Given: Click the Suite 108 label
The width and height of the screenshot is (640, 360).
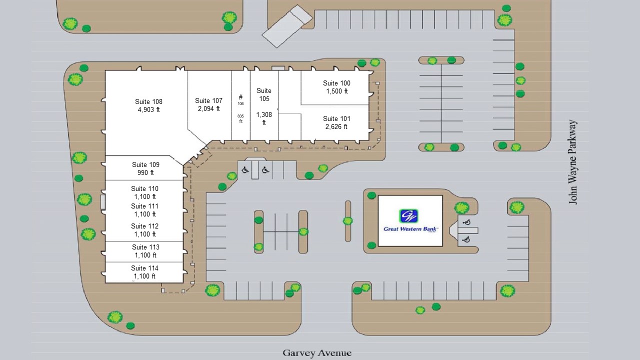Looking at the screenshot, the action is pyautogui.click(x=148, y=101).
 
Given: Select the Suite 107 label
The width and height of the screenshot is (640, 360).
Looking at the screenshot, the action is pyautogui.click(x=208, y=101).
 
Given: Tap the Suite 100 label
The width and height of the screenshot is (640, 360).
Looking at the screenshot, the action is pyautogui.click(x=336, y=83).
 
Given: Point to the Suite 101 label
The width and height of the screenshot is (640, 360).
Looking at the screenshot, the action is pyautogui.click(x=336, y=118).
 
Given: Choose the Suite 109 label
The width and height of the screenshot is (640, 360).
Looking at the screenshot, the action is pyautogui.click(x=145, y=164).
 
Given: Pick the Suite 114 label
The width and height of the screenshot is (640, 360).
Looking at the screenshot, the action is pyautogui.click(x=144, y=268).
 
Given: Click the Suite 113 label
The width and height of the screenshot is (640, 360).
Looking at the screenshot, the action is pyautogui.click(x=145, y=247).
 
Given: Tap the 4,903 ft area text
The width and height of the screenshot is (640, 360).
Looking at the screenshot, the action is pyautogui.click(x=149, y=109).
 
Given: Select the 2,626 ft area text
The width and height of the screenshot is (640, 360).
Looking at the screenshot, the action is pyautogui.click(x=336, y=126).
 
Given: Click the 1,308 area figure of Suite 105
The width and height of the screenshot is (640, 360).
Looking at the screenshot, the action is pyautogui.click(x=264, y=115).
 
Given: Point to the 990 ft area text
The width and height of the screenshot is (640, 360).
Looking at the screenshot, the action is pyautogui.click(x=145, y=172).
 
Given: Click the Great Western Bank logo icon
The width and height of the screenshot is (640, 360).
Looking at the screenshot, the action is pyautogui.click(x=408, y=215).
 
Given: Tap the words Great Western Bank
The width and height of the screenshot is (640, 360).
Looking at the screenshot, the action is pyautogui.click(x=410, y=229).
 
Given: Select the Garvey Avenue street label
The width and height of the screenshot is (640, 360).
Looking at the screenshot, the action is pyautogui.click(x=317, y=353).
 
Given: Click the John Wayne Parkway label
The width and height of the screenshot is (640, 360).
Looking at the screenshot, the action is pyautogui.click(x=572, y=162).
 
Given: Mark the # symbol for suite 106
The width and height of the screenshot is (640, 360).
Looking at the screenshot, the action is pyautogui.click(x=240, y=97).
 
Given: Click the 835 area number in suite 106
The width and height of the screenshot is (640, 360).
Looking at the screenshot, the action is pyautogui.click(x=240, y=116).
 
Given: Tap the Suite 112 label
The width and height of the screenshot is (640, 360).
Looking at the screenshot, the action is pyautogui.click(x=144, y=226).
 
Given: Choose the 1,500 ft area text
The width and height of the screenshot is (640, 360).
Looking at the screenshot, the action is pyautogui.click(x=337, y=91).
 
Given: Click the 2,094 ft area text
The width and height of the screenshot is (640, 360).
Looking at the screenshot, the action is pyautogui.click(x=209, y=109).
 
